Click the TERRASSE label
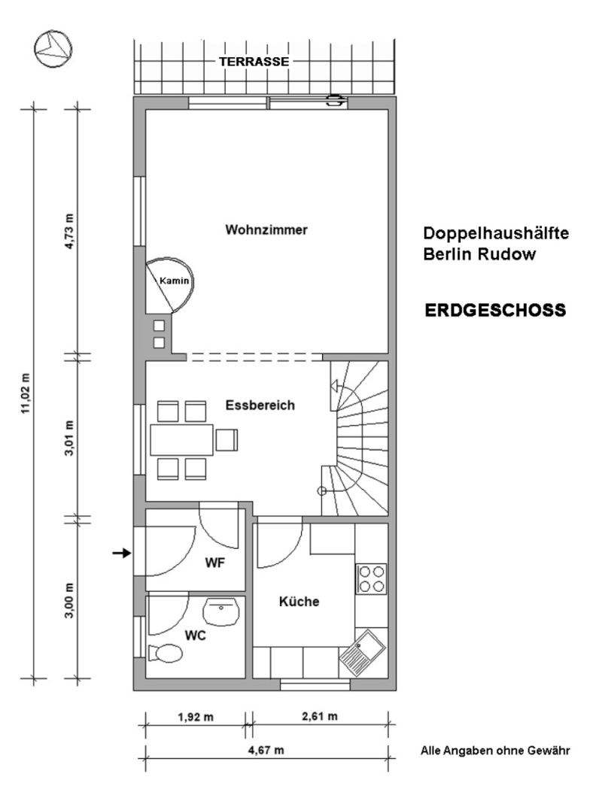(254, 62)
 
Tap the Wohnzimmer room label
(266, 230)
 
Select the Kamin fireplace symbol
(169, 284)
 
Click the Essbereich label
(260, 405)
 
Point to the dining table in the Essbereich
(181, 440)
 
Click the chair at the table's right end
(227, 440)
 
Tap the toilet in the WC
(165, 653)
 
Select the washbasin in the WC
(221, 611)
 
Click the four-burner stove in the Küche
(371, 578)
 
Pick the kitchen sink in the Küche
(362, 654)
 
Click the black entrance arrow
(122, 553)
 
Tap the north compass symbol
(52, 49)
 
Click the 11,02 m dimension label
(26, 394)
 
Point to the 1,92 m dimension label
(196, 717)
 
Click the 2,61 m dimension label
(319, 716)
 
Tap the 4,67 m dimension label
(266, 750)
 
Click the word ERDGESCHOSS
(495, 310)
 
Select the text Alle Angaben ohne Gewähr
(495, 751)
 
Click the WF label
(215, 563)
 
